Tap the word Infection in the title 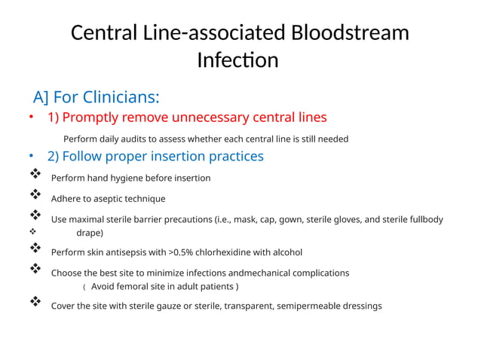[x=237, y=60]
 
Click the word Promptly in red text [x=101, y=117]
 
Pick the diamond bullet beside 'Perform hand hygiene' [x=34, y=175]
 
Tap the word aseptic [x=109, y=199]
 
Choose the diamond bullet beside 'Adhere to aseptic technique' [x=34, y=197]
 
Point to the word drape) [x=90, y=233]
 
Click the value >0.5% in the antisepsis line [x=183, y=252]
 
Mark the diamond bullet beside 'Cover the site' [x=34, y=303]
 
